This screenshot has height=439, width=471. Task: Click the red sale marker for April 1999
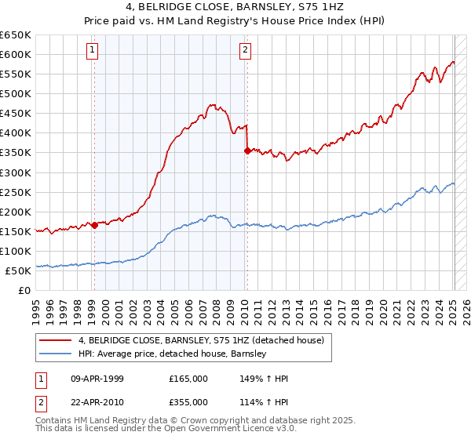click(x=94, y=225)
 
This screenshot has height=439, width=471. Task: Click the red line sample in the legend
click(x=55, y=339)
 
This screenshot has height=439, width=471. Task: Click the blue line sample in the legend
click(x=55, y=354)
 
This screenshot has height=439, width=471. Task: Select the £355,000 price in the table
click(x=188, y=401)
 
